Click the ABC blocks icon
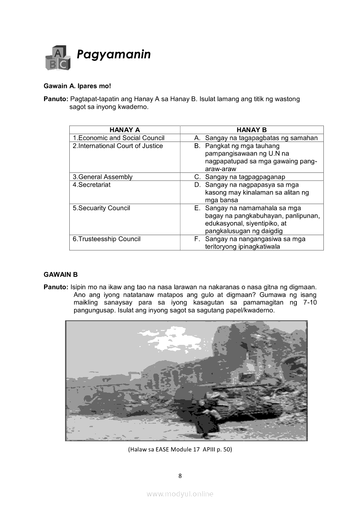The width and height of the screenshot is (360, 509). pyautogui.click(x=57, y=58)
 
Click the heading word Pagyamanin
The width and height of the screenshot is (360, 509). pyautogui.click(x=114, y=54)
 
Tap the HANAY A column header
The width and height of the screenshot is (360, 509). pyautogui.click(x=125, y=130)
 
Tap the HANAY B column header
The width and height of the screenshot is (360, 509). pyautogui.click(x=251, y=130)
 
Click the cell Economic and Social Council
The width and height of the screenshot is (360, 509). pyautogui.click(x=119, y=138)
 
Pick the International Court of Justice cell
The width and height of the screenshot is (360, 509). pyautogui.click(x=118, y=146)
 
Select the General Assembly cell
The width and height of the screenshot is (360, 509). pyautogui.click(x=102, y=177)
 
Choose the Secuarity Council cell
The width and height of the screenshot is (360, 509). pyautogui.click(x=101, y=208)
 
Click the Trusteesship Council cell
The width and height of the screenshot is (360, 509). pyautogui.click(x=106, y=239)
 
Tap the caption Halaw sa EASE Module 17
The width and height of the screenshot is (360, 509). pyautogui.click(x=180, y=449)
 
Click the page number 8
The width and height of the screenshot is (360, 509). pyautogui.click(x=180, y=475)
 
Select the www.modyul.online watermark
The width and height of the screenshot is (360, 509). pyautogui.click(x=180, y=494)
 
